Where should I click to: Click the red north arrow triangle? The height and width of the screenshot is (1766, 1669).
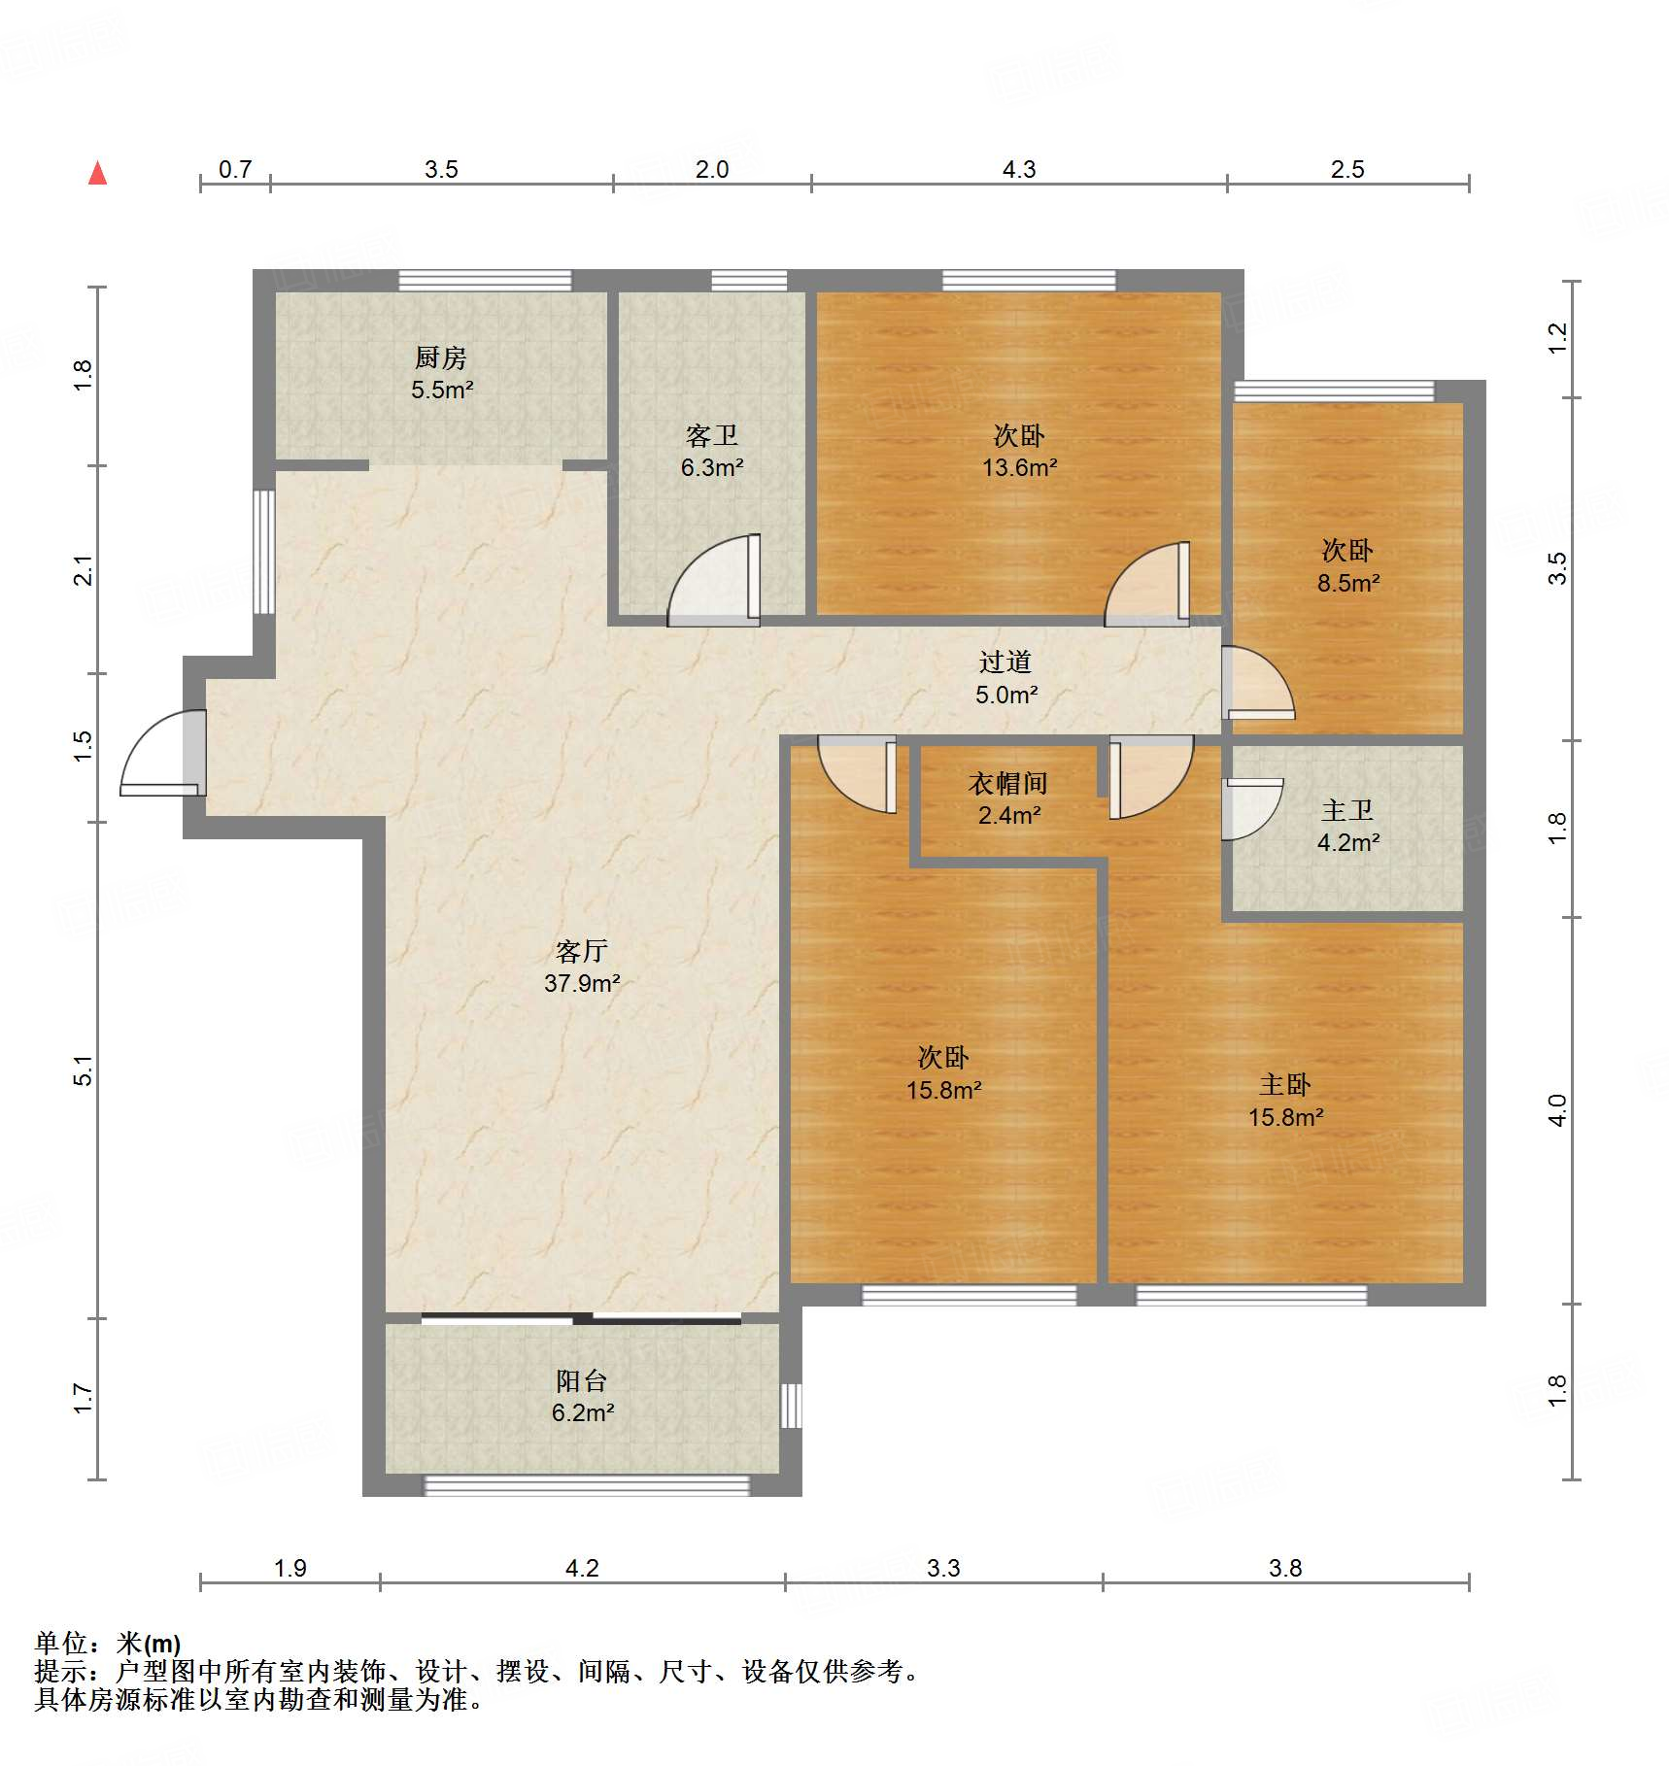97,173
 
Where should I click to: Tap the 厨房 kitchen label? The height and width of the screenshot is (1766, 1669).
441,357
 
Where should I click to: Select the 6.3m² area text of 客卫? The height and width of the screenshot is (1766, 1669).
712,467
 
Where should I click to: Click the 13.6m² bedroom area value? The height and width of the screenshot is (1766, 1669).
1019,467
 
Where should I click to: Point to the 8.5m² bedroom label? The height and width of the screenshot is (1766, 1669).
1348,583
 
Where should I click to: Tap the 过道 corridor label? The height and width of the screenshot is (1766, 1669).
1005,662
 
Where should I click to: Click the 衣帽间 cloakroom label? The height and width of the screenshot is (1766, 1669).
1008,783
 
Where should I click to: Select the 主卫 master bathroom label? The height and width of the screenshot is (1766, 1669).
1347,810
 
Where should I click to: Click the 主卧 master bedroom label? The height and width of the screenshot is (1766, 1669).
1285,1084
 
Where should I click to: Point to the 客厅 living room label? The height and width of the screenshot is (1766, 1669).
582,950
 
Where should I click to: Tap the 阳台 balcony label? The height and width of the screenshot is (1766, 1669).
582,1380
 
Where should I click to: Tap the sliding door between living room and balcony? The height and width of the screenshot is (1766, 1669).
581,1318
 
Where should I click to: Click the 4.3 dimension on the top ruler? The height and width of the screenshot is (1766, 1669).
1019,169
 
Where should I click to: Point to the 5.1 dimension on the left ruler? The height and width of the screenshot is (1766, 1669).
84,1070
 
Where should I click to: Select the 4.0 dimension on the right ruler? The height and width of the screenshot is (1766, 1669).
1557,1109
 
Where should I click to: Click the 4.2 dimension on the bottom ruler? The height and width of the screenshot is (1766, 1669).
582,1568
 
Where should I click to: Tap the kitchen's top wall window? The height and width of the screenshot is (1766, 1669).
485,281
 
